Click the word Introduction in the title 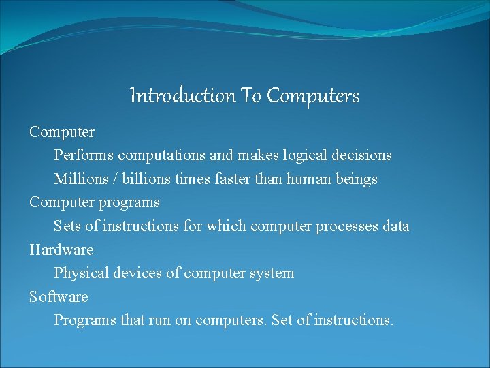(x=182, y=96)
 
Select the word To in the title (x=251, y=96)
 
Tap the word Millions (x=82, y=179)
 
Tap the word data (x=396, y=226)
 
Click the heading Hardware (x=61, y=250)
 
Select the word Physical (x=81, y=273)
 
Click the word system (x=272, y=273)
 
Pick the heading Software (x=59, y=297)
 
